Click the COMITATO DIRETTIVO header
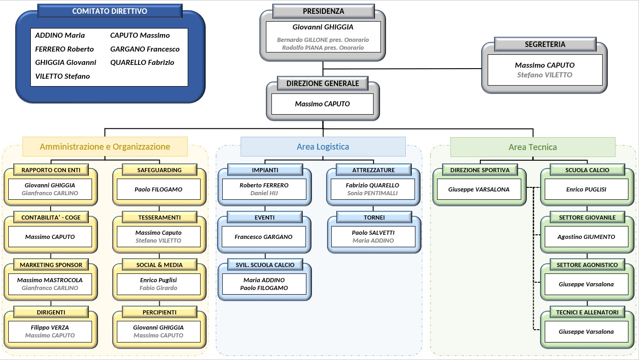point(109,11)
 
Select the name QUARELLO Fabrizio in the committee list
point(142,63)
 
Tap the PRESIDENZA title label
point(323,11)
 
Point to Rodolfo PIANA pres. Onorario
point(323,48)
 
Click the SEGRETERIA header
point(545,44)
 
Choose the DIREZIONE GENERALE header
point(322,83)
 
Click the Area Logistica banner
point(323,147)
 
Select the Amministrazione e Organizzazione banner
point(105,147)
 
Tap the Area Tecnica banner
point(533,147)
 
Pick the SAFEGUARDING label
point(160,170)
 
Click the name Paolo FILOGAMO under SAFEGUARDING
point(158,189)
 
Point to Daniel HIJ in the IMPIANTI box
point(264,193)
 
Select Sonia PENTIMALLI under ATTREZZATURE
point(372,193)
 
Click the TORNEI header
point(374,217)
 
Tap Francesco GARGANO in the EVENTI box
point(263,237)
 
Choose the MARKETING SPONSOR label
point(51,265)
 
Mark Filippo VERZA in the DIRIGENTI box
point(50,327)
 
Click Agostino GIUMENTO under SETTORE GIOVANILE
point(586,237)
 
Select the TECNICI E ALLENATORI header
point(587,312)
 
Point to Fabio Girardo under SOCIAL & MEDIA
point(158,288)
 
